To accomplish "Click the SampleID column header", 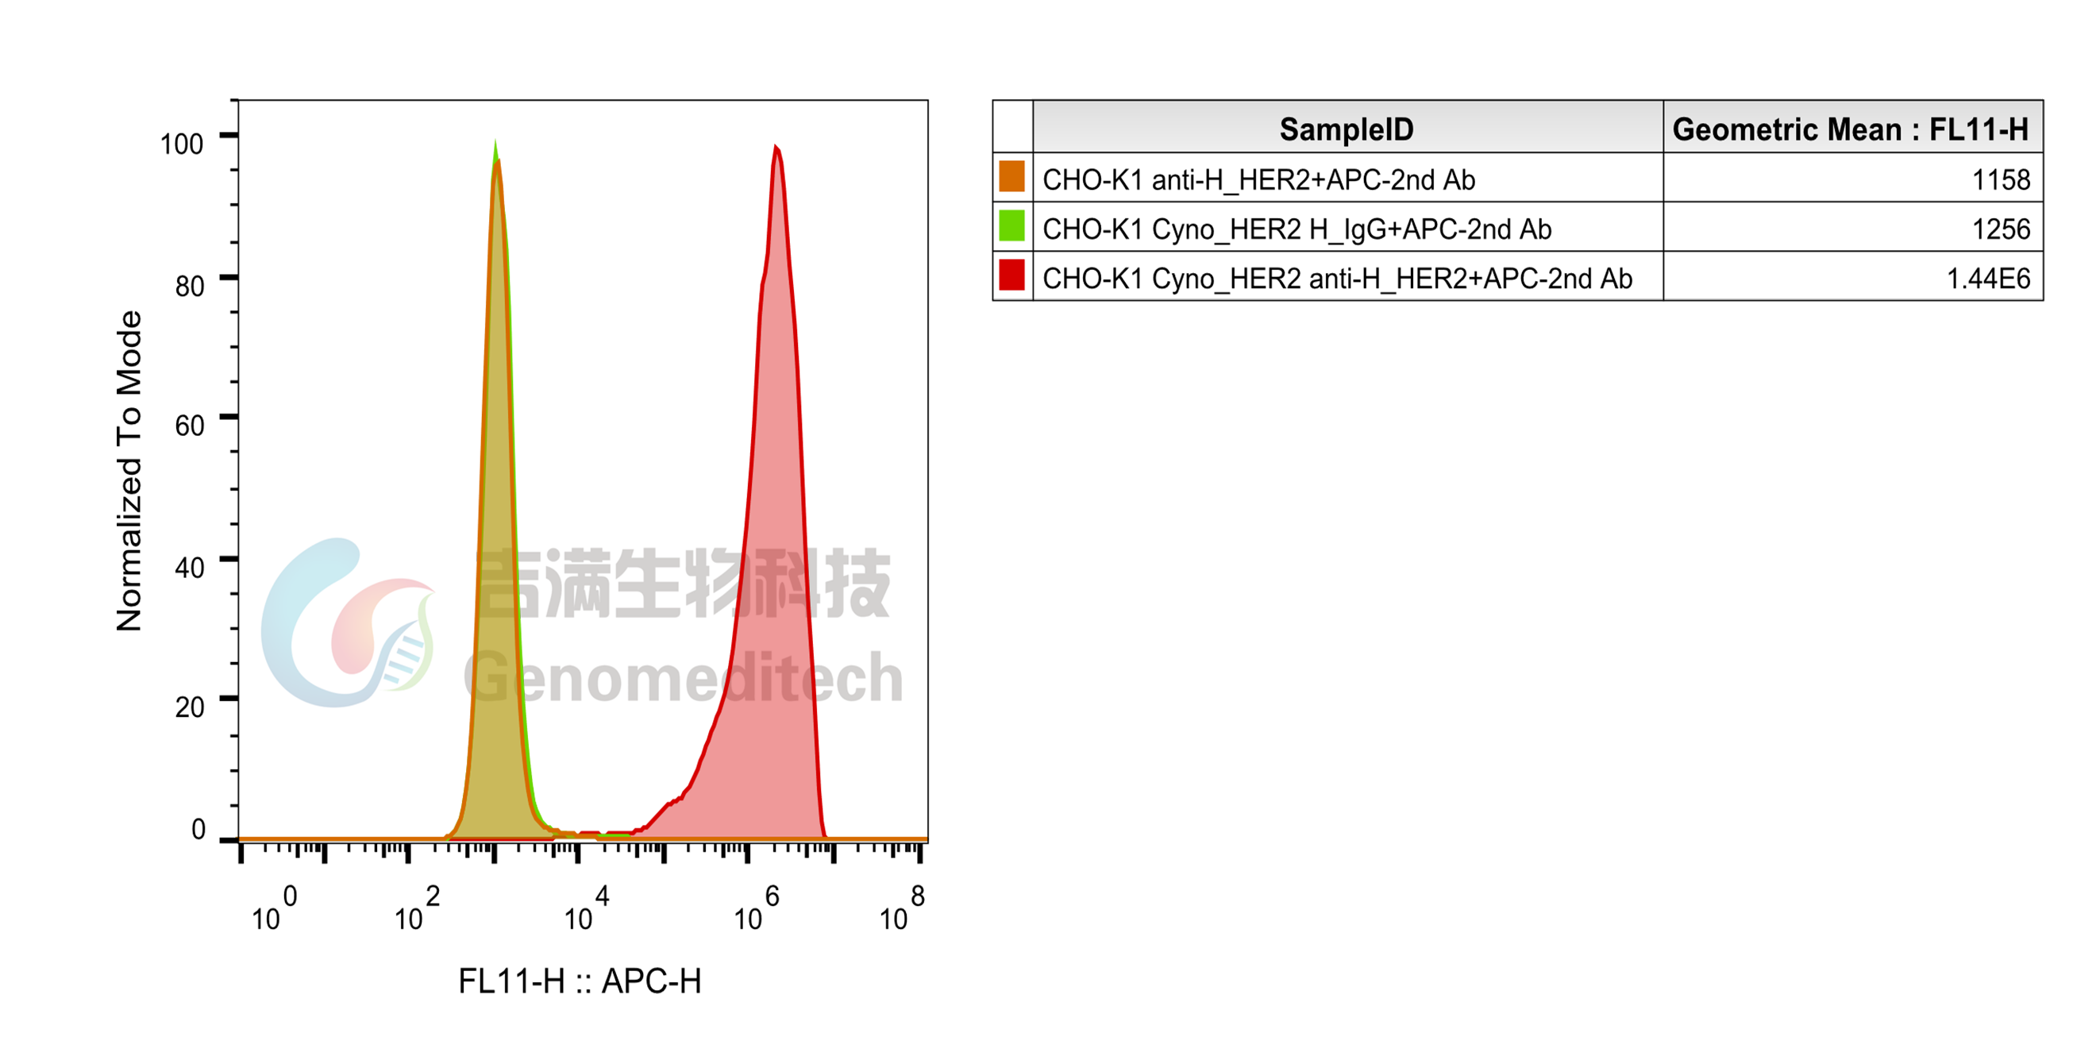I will pyautogui.click(x=1346, y=129).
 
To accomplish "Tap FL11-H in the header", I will pyautogui.click(x=1978, y=129).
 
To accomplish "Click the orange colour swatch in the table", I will pyautogui.click(x=1011, y=177).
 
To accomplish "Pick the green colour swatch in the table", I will pyautogui.click(x=1011, y=226).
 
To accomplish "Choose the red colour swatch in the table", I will pyautogui.click(x=1011, y=275).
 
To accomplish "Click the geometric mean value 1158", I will pyautogui.click(x=2001, y=179).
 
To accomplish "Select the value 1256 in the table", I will pyautogui.click(x=2001, y=229).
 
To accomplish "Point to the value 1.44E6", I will pyautogui.click(x=1988, y=279).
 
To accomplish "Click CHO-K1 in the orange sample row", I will pyautogui.click(x=1092, y=179).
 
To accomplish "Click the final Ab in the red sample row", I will pyautogui.click(x=1616, y=279).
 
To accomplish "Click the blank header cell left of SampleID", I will pyautogui.click(x=1012, y=127).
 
